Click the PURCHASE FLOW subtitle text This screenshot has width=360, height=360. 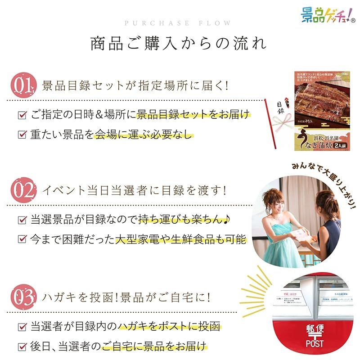pyautogui.click(x=179, y=23)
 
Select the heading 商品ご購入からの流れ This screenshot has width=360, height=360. pyautogui.click(x=179, y=44)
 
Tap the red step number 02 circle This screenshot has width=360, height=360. pyautogui.click(x=22, y=190)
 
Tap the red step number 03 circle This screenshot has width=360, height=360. pyautogui.click(x=22, y=297)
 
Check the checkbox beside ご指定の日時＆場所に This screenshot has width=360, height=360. pyautogui.click(x=22, y=115)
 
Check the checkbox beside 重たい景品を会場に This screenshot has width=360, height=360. pyautogui.click(x=22, y=135)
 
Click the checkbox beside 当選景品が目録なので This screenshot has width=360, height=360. pyautogui.click(x=22, y=220)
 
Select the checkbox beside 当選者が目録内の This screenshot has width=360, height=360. pyautogui.click(x=22, y=327)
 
